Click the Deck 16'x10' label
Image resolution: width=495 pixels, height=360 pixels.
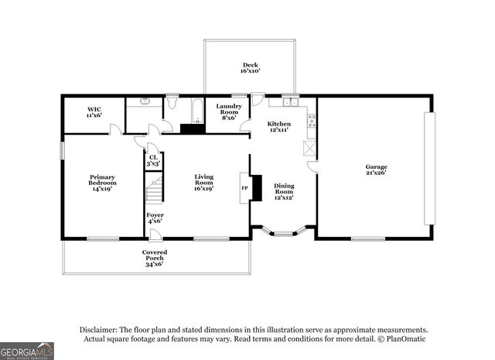click(250, 68)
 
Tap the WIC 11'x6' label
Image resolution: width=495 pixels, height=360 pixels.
click(94, 112)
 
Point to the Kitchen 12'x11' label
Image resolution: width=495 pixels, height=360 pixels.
click(278, 127)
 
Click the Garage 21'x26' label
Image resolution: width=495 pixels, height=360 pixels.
click(377, 170)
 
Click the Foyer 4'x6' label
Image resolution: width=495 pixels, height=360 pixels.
click(155, 218)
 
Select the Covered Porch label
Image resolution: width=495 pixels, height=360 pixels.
click(155, 259)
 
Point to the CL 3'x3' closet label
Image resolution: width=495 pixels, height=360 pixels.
click(153, 161)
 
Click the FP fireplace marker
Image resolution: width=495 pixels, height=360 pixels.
click(244, 188)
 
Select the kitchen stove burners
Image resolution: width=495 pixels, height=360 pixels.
click(311, 121)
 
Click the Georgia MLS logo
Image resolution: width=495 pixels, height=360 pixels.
click(27, 350)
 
